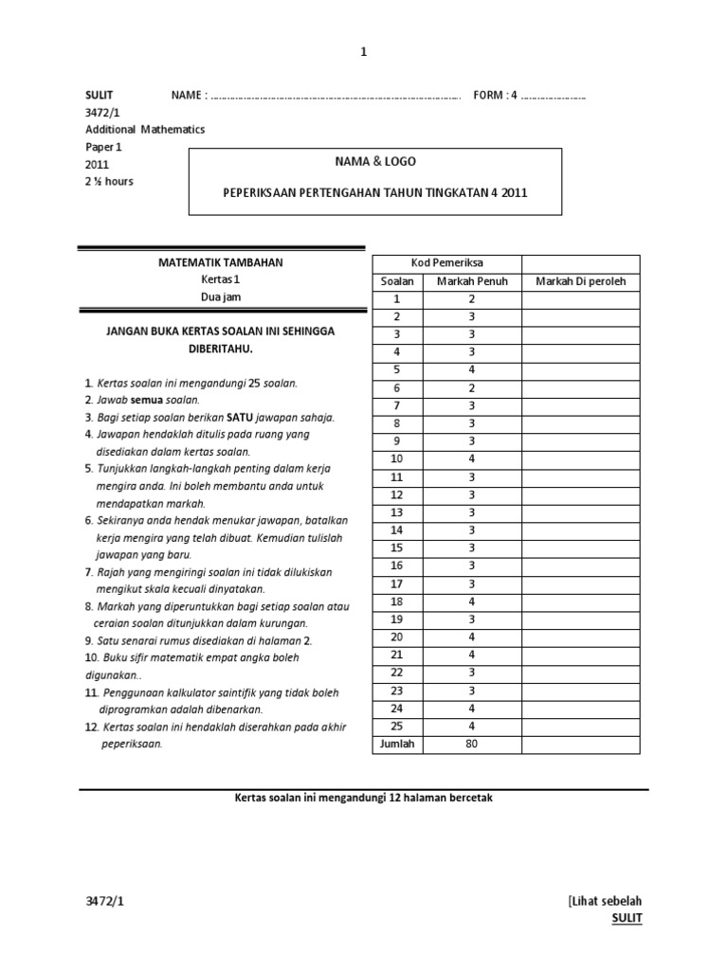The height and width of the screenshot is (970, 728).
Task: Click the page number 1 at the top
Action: [363, 52]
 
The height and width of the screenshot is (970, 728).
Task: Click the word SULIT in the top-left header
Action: [100, 96]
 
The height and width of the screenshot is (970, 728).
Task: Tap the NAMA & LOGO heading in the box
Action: [375, 162]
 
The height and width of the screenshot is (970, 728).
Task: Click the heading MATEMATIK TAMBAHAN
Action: [221, 262]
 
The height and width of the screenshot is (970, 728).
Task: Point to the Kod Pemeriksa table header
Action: [446, 263]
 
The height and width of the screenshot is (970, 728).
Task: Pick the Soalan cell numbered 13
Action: [397, 512]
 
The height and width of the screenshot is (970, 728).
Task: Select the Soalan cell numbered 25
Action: [397, 726]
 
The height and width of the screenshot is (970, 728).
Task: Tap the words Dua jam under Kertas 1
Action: [221, 297]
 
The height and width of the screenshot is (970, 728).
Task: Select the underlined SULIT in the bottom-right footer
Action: [627, 918]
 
